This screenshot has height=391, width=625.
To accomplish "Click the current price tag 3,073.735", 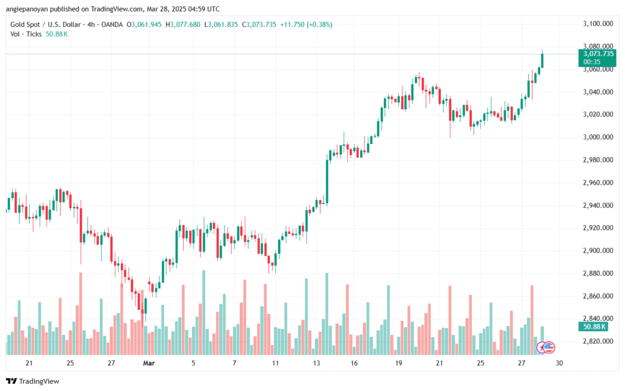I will [594, 54].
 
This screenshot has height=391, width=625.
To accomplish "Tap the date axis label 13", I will [317, 363].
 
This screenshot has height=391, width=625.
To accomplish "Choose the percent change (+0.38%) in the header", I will [320, 24].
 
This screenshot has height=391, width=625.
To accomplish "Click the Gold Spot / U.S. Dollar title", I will [46, 24].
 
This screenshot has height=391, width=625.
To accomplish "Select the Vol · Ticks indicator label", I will [26, 34].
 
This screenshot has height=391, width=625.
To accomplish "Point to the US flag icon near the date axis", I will [548, 347].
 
